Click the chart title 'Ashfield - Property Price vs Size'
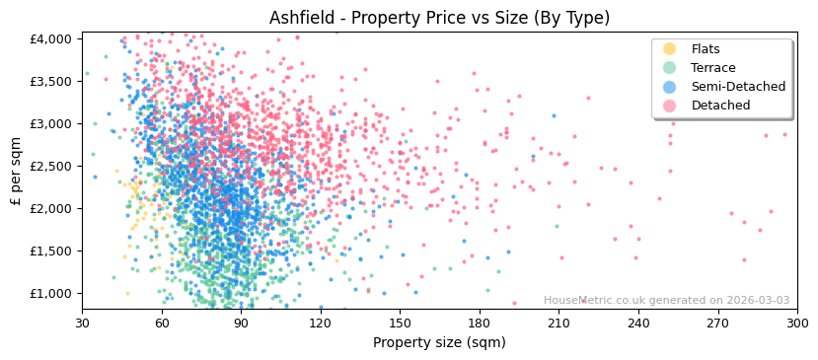[x=439, y=18]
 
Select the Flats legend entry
[x=706, y=49]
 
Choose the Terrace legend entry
[x=712, y=68]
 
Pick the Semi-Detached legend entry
[x=738, y=87]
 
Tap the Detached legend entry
[x=718, y=106]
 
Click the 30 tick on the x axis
[x=82, y=324]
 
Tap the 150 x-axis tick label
[x=400, y=324]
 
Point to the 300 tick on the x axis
[x=797, y=324]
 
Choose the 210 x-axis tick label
[x=558, y=324]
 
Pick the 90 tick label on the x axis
[x=241, y=324]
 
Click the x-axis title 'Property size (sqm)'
[x=439, y=342]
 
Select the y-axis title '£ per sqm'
[x=17, y=171]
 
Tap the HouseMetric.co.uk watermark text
[x=666, y=301]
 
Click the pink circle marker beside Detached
[x=670, y=106]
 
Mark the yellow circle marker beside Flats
[x=670, y=49]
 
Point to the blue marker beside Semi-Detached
[x=670, y=87]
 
